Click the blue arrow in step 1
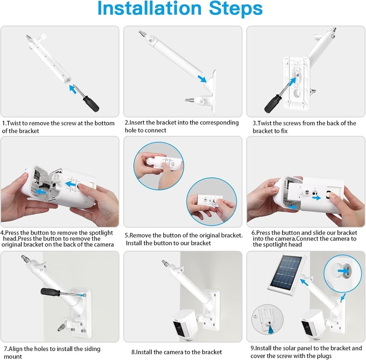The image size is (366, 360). [73, 89]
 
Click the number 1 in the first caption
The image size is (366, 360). [4, 123]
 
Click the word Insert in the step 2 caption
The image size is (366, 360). [138, 123]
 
